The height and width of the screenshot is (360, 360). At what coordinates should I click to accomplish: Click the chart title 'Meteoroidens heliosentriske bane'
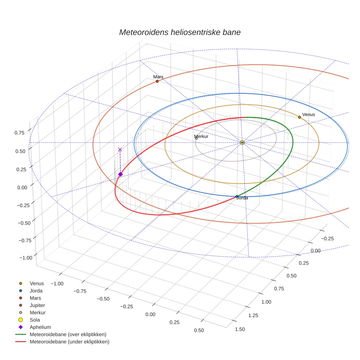click(x=180, y=32)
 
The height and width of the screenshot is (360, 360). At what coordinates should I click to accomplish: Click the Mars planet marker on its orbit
click(x=157, y=81)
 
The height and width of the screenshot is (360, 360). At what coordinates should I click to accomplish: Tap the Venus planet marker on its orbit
click(x=299, y=117)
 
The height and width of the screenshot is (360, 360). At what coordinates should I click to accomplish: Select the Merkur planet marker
click(x=196, y=138)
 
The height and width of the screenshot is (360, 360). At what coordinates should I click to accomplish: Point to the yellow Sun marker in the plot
click(x=242, y=142)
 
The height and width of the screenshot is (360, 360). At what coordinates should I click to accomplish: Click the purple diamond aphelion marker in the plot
click(x=120, y=174)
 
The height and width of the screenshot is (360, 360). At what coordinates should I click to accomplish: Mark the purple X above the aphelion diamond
click(x=120, y=149)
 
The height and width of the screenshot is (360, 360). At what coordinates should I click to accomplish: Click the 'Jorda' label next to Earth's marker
click(x=242, y=198)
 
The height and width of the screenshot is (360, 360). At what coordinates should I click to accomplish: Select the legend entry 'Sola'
click(x=35, y=320)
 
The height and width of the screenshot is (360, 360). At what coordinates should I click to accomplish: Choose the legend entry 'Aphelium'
click(x=40, y=327)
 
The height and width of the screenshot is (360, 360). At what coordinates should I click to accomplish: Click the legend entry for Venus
click(x=37, y=283)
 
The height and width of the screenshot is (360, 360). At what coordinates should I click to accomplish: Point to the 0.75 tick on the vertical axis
click(x=20, y=133)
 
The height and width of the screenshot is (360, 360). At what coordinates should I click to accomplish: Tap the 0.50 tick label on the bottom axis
click(x=199, y=330)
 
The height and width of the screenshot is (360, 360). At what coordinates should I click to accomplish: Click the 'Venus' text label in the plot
click(x=308, y=115)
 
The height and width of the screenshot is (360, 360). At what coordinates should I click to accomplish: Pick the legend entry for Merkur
click(x=37, y=312)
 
